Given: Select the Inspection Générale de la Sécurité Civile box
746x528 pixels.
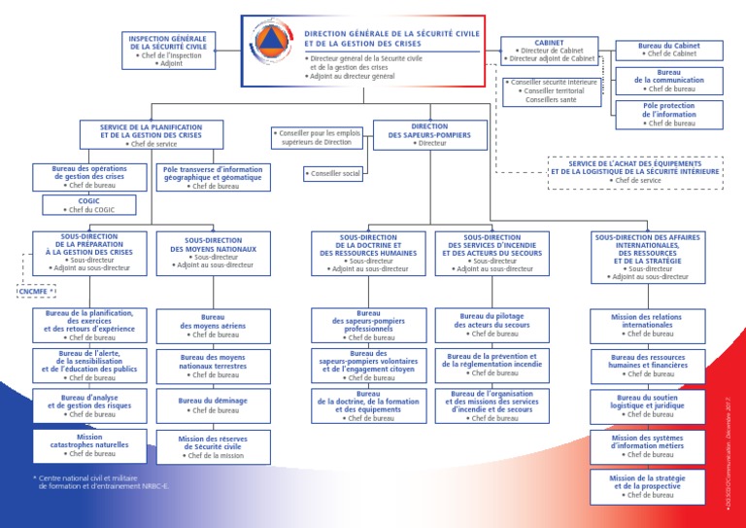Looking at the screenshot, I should pyautogui.click(x=166, y=51).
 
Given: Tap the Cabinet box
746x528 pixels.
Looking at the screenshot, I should pyautogui.click(x=550, y=51).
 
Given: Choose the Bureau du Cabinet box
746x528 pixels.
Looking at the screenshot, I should pyautogui.click(x=669, y=50).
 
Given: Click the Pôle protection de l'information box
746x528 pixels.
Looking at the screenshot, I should pyautogui.click(x=669, y=115).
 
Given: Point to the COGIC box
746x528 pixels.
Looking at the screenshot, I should pyautogui.click(x=89, y=205).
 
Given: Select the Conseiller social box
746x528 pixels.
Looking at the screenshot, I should pyautogui.click(x=333, y=174).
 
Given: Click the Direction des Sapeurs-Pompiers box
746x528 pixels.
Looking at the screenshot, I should pyautogui.click(x=429, y=134).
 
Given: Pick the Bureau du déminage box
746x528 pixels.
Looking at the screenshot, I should pyautogui.click(x=213, y=405).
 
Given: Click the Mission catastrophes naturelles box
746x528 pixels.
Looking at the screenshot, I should pyautogui.click(x=89, y=445).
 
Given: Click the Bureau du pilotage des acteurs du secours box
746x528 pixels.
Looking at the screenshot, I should pyautogui.click(x=492, y=325).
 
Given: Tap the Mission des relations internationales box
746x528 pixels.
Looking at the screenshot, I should pyautogui.click(x=647, y=325).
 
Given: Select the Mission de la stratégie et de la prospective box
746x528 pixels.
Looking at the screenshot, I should pyautogui.click(x=647, y=486).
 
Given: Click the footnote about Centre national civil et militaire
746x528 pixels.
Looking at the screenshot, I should pyautogui.click(x=101, y=481).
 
